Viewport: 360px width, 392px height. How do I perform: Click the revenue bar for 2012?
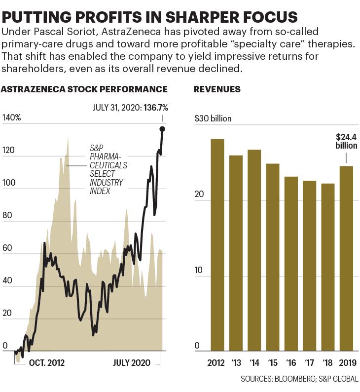point(217,244)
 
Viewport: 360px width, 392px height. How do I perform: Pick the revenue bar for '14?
point(254,250)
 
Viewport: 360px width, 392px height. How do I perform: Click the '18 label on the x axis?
point(328,363)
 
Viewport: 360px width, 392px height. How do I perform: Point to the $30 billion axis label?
point(213,118)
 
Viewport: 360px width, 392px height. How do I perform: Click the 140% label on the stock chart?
point(11,118)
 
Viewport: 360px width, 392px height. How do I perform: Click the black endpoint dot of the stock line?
point(162,129)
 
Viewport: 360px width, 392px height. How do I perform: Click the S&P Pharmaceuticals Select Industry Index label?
point(108,169)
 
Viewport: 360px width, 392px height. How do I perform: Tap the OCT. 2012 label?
point(47,363)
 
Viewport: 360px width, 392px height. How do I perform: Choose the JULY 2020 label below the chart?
point(132,363)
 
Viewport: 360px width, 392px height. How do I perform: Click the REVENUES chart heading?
point(217,89)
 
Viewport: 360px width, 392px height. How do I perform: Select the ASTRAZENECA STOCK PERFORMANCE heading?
point(84,89)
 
